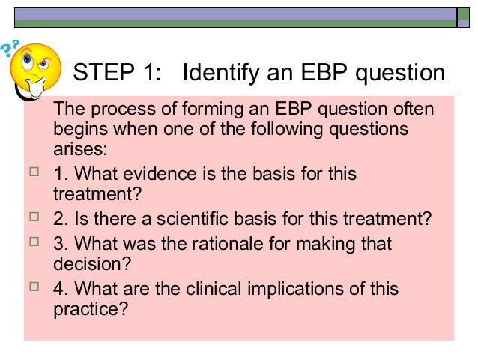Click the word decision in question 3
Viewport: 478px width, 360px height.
[83, 263]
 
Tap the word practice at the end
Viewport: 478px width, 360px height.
[85, 307]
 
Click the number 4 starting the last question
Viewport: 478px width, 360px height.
[58, 289]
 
